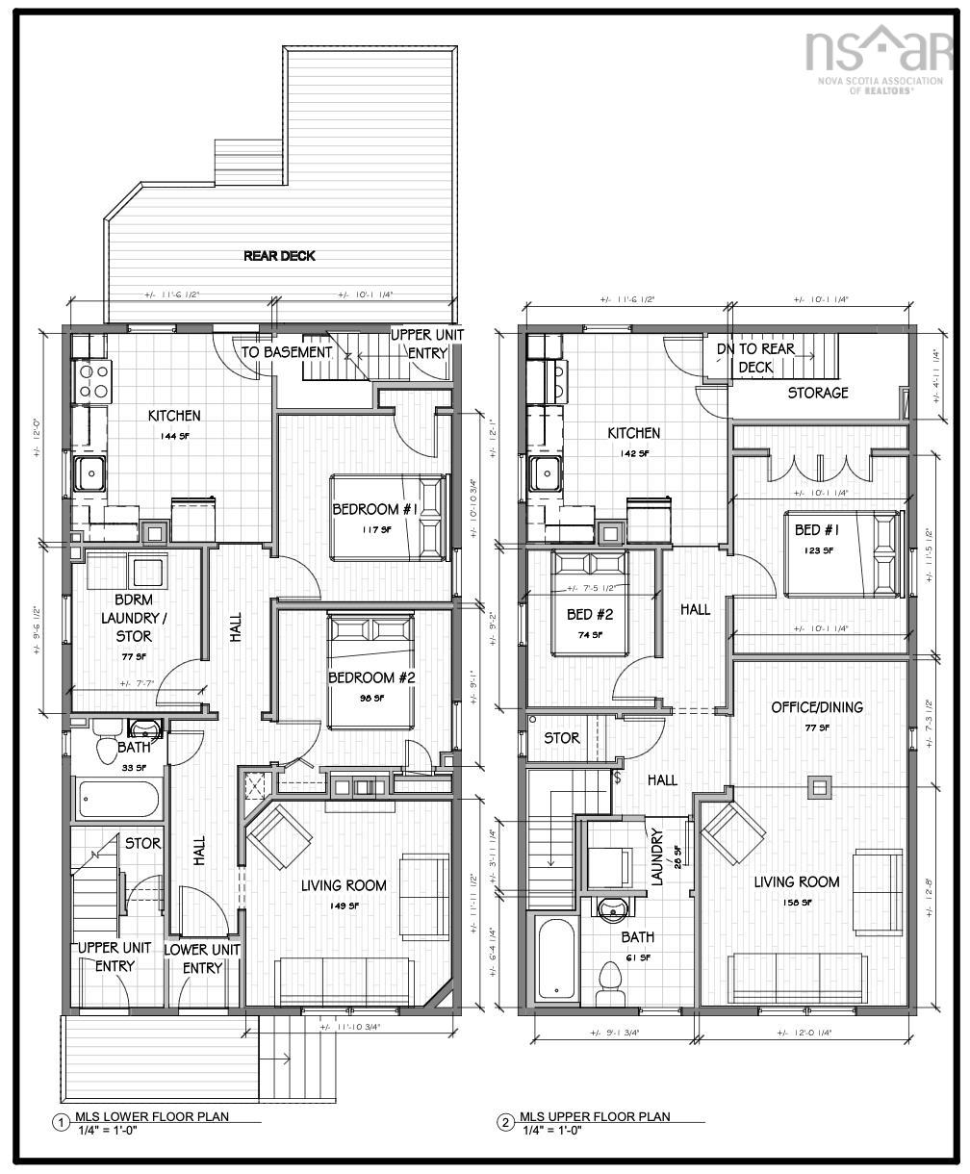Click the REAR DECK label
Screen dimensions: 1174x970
click(x=279, y=256)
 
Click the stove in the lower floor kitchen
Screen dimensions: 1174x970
click(x=93, y=380)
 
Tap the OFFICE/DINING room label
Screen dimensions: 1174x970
click(x=817, y=707)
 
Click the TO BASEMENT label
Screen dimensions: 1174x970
click(x=286, y=352)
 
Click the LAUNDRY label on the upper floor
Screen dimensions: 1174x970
click(x=658, y=857)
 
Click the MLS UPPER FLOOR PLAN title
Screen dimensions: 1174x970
click(x=595, y=1116)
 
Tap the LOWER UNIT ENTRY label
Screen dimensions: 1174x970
click(x=202, y=958)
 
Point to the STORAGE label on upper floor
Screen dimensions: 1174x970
click(x=818, y=393)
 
